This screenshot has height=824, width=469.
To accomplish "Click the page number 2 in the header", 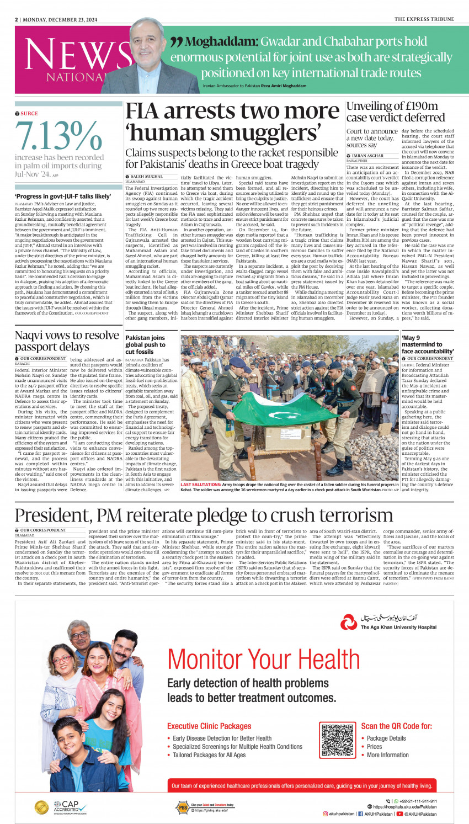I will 16,19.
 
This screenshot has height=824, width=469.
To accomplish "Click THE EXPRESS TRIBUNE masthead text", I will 424,19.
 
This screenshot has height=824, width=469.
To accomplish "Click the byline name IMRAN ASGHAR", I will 367,156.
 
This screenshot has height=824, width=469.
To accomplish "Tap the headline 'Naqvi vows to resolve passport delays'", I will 67,341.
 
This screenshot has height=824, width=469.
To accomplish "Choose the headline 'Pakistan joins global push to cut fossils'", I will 145,344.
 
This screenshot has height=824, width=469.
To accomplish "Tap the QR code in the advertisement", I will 338,740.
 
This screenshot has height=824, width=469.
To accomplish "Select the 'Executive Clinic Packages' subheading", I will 209,726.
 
